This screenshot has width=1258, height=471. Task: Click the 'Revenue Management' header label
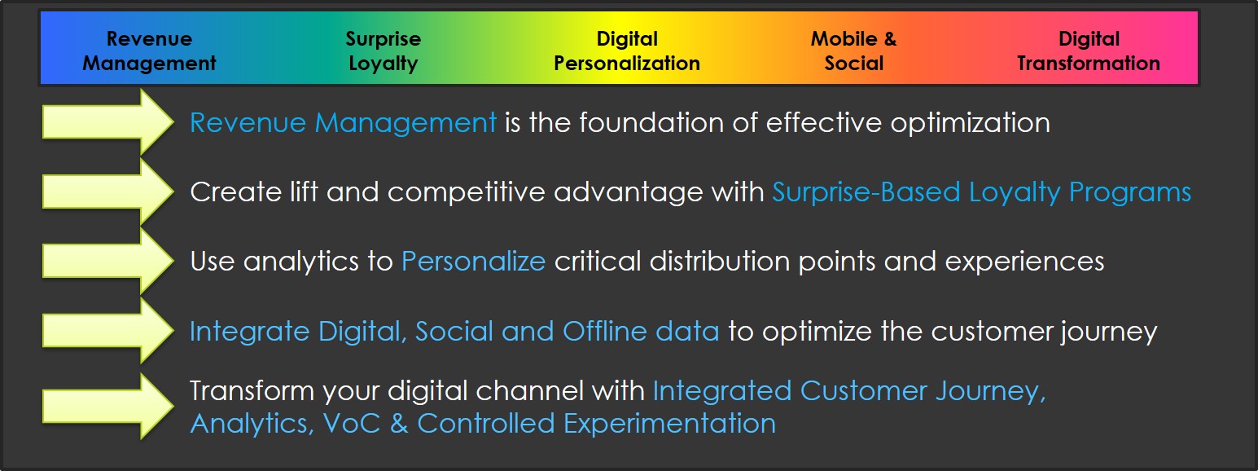click(x=149, y=51)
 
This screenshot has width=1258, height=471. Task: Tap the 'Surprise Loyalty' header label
click(x=383, y=51)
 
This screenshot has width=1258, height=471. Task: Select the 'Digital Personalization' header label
click(x=627, y=51)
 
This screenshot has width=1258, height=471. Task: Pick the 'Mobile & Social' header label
click(x=853, y=51)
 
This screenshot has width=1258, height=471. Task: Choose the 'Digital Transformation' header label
click(x=1089, y=51)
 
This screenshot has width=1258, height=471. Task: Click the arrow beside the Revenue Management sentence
click(x=107, y=122)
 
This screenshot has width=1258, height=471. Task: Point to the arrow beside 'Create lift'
click(x=107, y=191)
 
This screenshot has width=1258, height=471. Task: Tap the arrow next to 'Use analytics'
click(x=107, y=262)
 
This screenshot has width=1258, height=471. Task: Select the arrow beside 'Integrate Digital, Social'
click(x=107, y=331)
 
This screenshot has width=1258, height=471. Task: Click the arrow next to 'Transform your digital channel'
click(x=107, y=406)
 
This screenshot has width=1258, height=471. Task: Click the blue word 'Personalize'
click(x=473, y=262)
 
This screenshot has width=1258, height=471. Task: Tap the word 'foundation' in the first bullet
click(x=651, y=122)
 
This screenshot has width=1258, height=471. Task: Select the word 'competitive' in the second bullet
click(x=466, y=193)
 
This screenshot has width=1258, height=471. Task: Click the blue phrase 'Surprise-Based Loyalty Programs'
click(x=982, y=193)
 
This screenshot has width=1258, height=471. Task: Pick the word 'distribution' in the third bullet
click(x=720, y=262)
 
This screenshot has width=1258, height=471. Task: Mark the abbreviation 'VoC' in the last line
click(x=352, y=423)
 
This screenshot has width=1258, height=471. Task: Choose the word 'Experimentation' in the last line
click(x=669, y=424)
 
